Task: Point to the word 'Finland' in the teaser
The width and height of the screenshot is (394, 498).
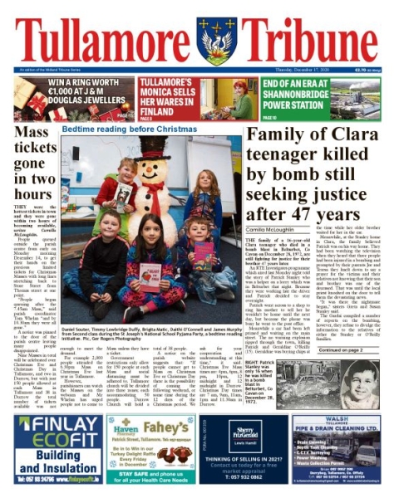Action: [164, 110]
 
